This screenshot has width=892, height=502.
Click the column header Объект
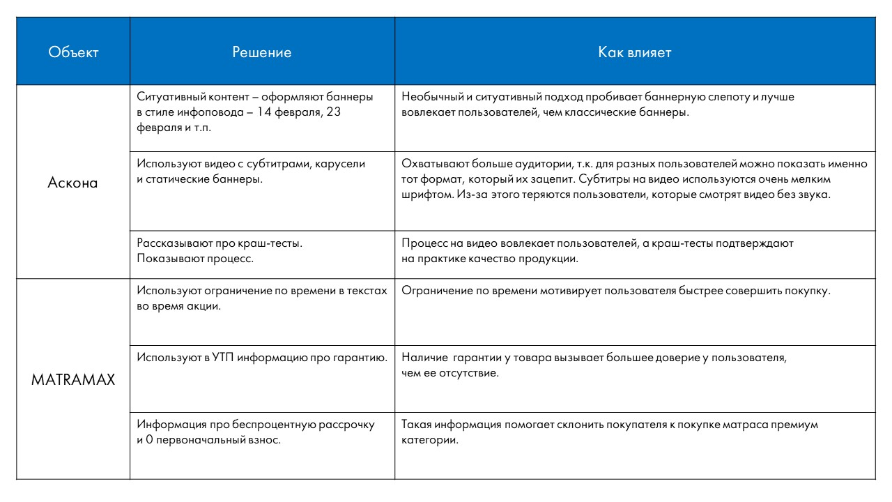click(72, 53)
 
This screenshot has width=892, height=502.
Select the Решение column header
click(262, 53)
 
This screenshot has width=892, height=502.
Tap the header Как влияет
click(635, 53)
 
